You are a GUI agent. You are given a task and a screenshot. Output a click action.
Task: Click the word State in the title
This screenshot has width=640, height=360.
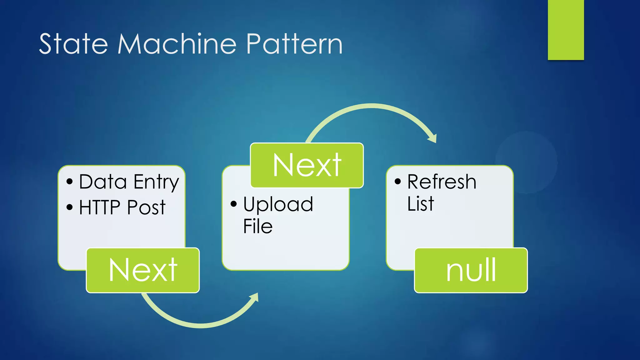point(73,44)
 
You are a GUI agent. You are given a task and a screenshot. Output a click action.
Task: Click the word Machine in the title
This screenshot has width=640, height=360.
point(177,44)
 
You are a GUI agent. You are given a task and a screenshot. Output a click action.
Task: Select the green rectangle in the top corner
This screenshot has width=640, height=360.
point(566,30)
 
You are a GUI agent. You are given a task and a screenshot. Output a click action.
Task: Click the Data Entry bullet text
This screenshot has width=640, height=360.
point(129,182)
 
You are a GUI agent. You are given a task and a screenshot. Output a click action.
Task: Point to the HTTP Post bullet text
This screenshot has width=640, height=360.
point(122,207)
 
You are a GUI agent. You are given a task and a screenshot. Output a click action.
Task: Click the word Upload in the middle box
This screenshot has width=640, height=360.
point(278,204)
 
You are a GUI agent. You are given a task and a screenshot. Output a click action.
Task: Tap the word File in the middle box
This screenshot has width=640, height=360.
point(257,227)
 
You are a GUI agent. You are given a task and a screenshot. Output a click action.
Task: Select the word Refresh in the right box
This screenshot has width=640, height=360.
point(442,182)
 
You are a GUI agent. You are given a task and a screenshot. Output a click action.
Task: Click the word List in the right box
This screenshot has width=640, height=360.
point(420,204)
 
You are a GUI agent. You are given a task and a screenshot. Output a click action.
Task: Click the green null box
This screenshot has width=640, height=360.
point(471,270)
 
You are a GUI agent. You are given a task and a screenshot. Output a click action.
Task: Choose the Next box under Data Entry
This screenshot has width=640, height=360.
point(143,270)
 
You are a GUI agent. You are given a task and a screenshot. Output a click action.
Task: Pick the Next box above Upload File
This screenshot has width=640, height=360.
point(307,165)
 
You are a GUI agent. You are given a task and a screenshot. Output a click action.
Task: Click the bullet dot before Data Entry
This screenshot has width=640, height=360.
point(69,182)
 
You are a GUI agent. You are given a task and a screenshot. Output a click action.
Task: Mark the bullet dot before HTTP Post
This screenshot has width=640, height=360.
point(69,207)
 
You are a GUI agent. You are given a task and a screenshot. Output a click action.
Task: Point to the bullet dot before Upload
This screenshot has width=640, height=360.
point(233,204)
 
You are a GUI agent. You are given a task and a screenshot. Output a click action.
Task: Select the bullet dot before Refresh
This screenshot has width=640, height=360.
point(397,181)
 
